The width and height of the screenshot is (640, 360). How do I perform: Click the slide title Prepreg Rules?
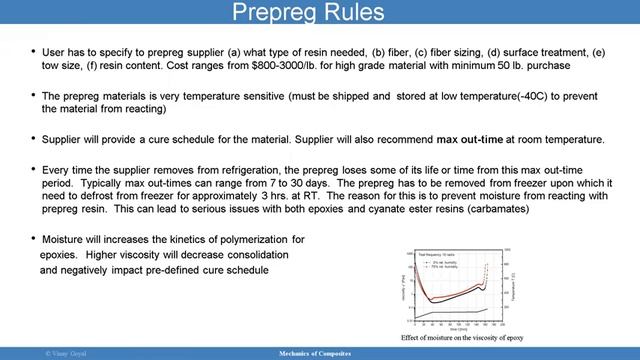(x=319, y=13)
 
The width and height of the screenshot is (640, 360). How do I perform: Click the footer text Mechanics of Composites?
(x=319, y=353)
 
